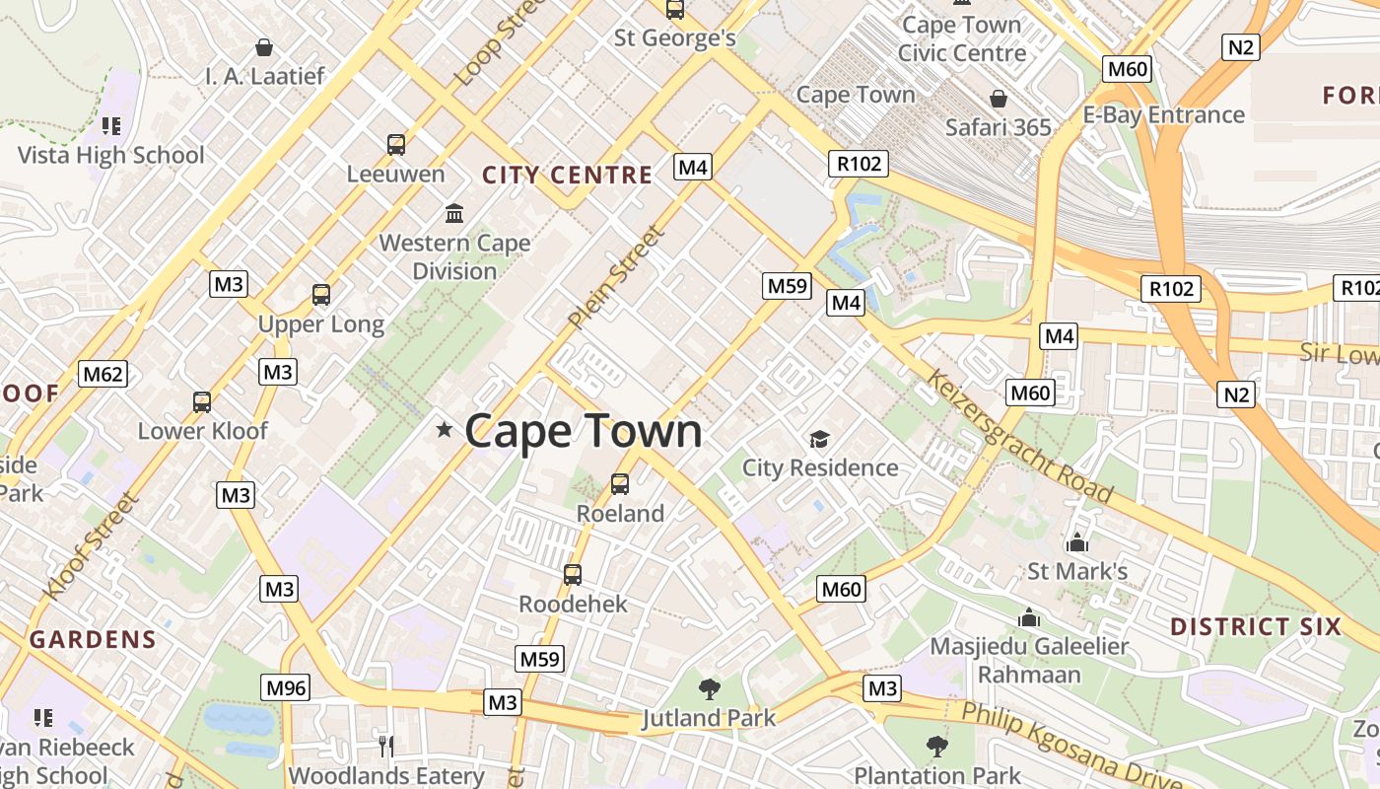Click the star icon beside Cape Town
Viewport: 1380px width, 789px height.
tap(445, 429)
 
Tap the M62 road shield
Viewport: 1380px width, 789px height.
tap(103, 374)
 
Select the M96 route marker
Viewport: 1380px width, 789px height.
tap(285, 687)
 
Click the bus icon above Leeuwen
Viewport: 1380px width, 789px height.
tap(396, 145)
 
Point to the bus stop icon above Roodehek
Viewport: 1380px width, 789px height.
tap(573, 574)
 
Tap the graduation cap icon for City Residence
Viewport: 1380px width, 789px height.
tap(819, 439)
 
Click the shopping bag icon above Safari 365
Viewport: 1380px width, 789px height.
tap(999, 99)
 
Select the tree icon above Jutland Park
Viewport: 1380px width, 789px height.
tap(709, 688)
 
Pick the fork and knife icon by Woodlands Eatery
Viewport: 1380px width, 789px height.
tap(386, 746)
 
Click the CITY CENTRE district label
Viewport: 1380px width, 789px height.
tap(567, 176)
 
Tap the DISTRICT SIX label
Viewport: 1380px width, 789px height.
tap(1256, 626)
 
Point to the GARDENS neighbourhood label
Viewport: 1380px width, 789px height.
tap(93, 639)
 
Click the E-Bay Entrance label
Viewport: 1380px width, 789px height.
tap(1164, 114)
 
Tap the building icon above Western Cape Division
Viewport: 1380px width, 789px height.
tap(454, 213)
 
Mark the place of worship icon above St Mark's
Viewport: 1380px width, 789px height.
tap(1076, 542)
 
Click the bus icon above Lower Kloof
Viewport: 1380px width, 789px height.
tap(202, 402)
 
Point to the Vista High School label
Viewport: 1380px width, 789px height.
tap(111, 155)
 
